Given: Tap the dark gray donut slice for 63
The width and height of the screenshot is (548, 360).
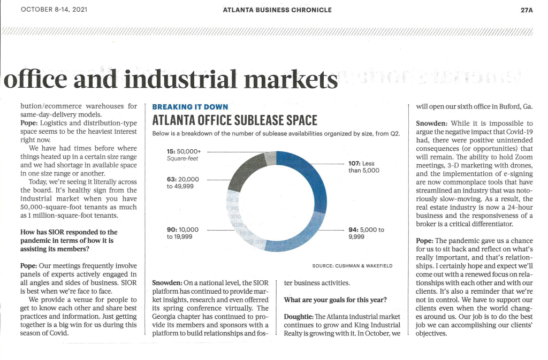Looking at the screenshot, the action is click(x=245, y=171).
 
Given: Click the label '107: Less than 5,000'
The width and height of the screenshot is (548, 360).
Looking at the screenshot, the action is click(x=363, y=167).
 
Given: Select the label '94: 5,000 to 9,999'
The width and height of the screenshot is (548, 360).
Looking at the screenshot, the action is click(x=366, y=233).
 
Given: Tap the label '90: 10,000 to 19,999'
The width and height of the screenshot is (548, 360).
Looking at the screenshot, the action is click(x=182, y=233).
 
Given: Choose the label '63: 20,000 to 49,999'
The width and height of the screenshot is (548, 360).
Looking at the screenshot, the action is click(x=183, y=182).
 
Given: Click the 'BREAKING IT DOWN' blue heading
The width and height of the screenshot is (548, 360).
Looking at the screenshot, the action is click(x=190, y=107).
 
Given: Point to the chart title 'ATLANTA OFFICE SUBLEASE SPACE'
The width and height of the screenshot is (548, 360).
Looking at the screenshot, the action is click(x=234, y=120).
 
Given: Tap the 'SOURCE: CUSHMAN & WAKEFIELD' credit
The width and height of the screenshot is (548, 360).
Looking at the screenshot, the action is click(x=352, y=266).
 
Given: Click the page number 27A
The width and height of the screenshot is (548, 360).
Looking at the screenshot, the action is click(x=527, y=10).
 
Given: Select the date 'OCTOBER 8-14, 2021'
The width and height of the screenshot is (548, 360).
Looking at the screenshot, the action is click(x=54, y=10).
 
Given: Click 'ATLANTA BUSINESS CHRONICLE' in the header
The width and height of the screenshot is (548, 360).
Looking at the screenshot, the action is click(x=277, y=10).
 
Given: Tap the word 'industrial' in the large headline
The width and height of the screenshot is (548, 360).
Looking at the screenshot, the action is click(x=180, y=79).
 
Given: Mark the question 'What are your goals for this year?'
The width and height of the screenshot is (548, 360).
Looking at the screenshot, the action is click(x=335, y=300).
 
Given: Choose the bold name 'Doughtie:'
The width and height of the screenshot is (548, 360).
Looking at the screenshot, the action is click(x=299, y=317).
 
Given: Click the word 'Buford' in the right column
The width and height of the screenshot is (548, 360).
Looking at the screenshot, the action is click(x=509, y=106).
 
